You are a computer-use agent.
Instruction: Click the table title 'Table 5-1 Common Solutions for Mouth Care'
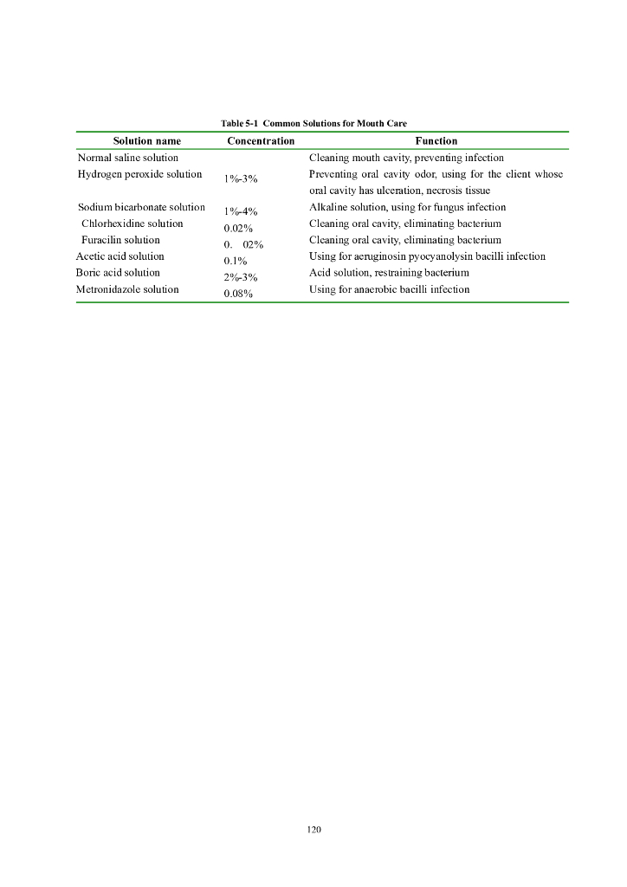pos(313,124)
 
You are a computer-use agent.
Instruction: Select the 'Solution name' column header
pos(147,140)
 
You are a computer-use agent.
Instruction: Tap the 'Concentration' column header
pos(261,140)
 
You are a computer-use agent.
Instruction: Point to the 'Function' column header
pos(436,140)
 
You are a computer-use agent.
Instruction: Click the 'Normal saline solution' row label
pos(128,158)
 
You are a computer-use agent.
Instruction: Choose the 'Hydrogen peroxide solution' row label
pos(140,174)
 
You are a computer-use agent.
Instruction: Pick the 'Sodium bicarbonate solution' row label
pos(141,207)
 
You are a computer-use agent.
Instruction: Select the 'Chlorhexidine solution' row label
pos(133,223)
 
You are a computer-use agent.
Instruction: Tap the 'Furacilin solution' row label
pos(120,240)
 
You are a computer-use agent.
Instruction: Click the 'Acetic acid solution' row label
pos(120,256)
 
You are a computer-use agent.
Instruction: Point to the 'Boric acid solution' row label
pos(118,273)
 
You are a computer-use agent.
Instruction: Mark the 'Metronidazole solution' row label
pos(127,289)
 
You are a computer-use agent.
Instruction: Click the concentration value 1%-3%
pos(241,178)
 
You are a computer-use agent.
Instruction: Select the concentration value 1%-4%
pos(241,211)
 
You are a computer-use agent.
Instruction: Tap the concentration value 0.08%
pos(238,294)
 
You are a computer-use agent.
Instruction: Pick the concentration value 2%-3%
pos(241,277)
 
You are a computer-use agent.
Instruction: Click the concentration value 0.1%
pos(236,261)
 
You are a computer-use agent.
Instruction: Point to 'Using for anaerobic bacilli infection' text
pos(390,289)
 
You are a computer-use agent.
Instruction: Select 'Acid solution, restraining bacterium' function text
pos(389,273)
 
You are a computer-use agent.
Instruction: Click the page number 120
pos(313,829)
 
